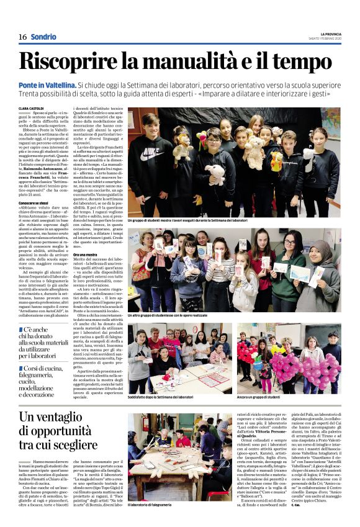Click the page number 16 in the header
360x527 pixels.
pyautogui.click(x=22, y=37)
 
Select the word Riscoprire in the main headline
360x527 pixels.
pyautogui.click(x=73, y=61)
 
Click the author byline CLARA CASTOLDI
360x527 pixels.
pyautogui.click(x=31, y=108)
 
